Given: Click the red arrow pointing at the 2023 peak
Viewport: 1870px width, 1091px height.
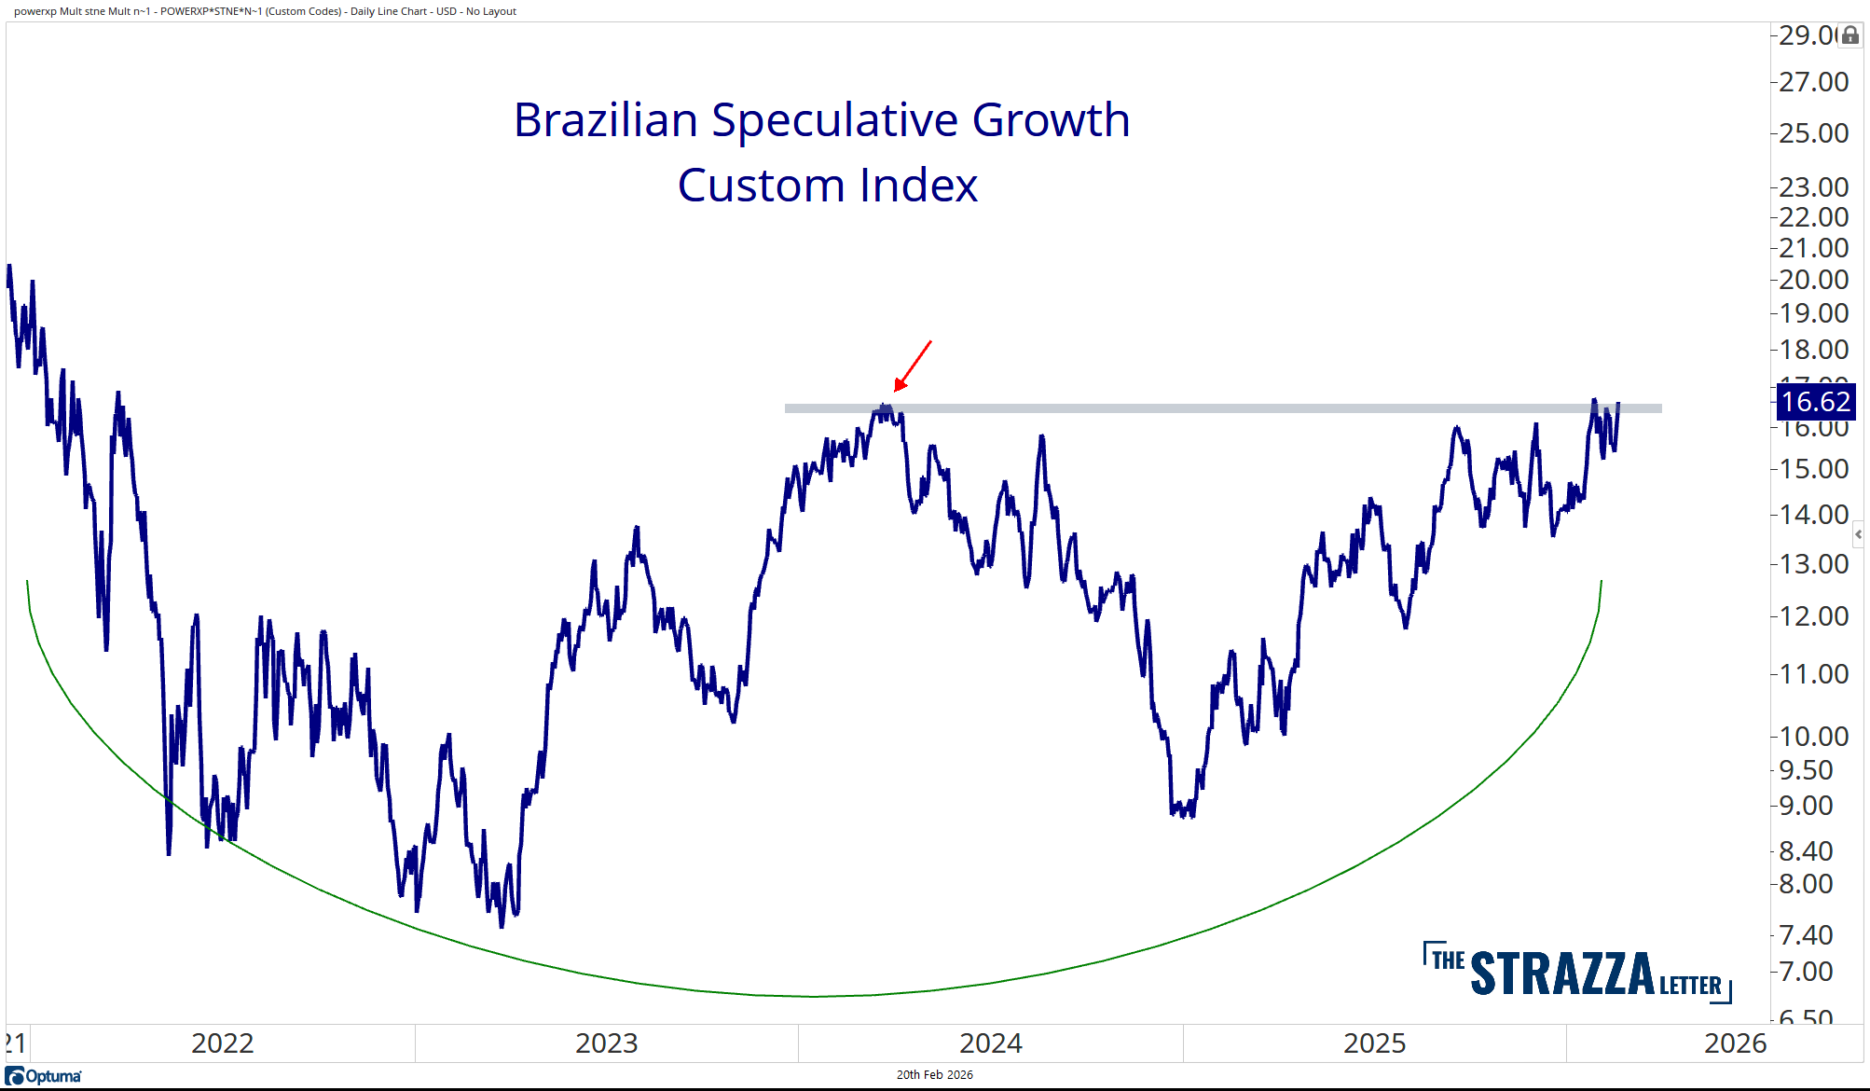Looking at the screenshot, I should click(x=913, y=366).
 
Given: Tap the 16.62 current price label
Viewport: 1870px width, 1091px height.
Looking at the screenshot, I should click(x=1815, y=402).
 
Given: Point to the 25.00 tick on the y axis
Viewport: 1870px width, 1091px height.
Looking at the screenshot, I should click(x=1813, y=133).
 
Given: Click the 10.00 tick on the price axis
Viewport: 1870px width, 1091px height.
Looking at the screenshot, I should click(x=1813, y=737).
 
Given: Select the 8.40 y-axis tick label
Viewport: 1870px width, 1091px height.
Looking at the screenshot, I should click(x=1806, y=850).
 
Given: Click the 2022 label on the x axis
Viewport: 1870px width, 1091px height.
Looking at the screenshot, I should click(x=222, y=1043).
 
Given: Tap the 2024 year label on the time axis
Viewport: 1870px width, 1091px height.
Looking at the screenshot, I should click(x=990, y=1043).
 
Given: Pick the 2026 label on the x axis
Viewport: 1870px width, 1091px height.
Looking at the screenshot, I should click(x=1735, y=1043).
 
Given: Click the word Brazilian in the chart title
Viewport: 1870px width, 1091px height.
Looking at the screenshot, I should click(x=606, y=120).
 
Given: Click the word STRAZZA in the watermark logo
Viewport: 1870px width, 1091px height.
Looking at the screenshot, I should click(x=1562, y=974).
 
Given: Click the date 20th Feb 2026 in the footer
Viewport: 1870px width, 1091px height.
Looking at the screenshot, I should click(x=934, y=1075).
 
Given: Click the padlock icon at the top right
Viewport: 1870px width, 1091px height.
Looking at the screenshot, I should click(x=1850, y=35).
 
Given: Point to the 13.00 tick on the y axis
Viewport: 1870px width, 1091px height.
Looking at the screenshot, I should click(x=1813, y=564).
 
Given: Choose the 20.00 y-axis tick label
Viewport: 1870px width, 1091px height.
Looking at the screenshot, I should click(x=1813, y=280).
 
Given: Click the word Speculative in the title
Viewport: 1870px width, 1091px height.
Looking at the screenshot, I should click(x=835, y=120).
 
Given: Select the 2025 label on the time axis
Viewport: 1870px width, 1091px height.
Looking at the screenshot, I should click(x=1374, y=1043).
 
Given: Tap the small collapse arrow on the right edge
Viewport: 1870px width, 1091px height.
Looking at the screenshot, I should click(x=1858, y=534).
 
